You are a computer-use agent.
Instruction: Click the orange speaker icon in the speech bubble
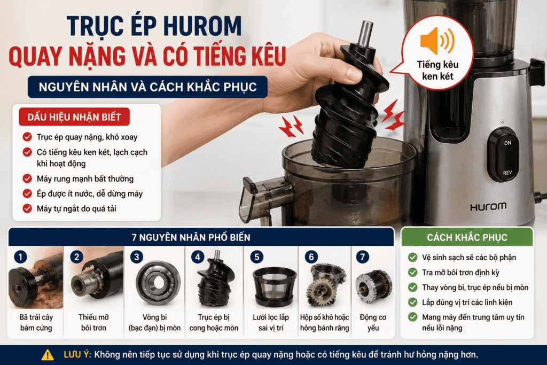[437, 41]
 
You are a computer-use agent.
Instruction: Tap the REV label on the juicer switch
[507, 173]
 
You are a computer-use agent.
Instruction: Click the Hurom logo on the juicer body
[488, 207]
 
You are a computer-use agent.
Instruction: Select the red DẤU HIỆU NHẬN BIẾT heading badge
[74, 117]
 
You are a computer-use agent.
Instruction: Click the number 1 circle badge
[21, 257]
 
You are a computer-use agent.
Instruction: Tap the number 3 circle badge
[136, 257]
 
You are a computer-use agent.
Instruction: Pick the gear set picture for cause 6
[325, 285]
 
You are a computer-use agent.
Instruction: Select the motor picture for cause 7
[373, 286]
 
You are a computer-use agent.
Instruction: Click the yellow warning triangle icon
[48, 355]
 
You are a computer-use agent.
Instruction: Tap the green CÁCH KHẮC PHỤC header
[467, 237]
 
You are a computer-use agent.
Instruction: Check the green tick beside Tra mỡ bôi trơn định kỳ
[413, 272]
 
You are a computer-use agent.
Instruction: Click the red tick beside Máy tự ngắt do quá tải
[27, 208]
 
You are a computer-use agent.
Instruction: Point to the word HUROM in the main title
[202, 26]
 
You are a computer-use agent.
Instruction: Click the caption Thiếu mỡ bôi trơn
[93, 322]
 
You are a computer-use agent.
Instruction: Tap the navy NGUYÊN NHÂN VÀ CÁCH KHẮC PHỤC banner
[147, 87]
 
